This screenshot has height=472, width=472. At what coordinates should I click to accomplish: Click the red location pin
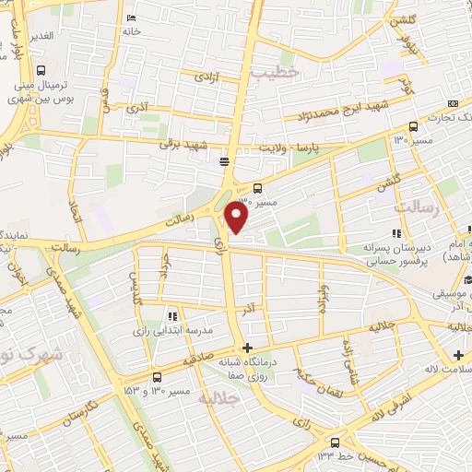237,216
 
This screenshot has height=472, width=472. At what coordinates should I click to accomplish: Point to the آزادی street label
204,79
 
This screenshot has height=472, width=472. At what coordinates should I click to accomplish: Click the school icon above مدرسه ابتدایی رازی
172,316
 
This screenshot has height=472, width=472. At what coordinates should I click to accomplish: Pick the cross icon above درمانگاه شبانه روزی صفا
245,348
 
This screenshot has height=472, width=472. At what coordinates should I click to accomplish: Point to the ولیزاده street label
324,298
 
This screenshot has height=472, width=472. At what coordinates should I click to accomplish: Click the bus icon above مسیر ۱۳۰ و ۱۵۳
156,377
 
